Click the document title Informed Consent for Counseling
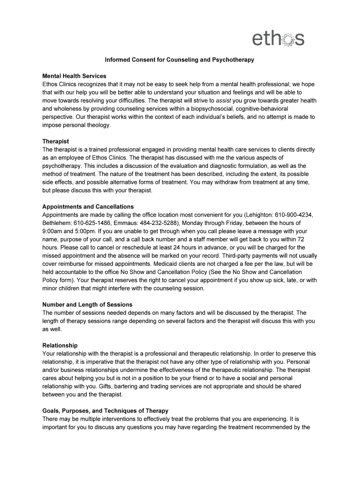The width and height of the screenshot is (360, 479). pos(180,60)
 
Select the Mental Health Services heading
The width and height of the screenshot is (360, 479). pos(74,76)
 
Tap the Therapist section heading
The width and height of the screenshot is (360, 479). pos(56,141)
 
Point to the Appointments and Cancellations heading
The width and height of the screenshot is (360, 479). pos(88,207)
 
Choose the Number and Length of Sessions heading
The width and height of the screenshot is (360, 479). pos(87,305)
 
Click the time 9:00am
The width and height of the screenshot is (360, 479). pos(54,231)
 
